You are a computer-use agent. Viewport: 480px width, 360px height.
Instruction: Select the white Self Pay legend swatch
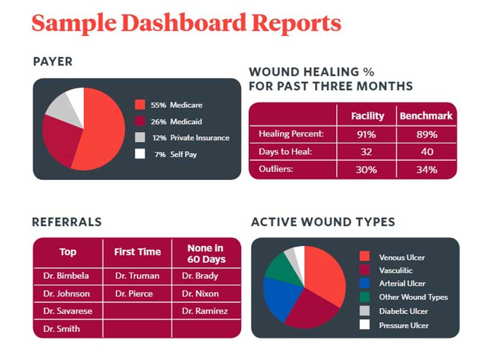140,154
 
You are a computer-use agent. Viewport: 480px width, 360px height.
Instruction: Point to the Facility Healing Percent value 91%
367,134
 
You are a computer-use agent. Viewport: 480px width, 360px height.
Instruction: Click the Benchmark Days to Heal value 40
427,152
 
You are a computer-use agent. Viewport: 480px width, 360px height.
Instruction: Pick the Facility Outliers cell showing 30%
367,169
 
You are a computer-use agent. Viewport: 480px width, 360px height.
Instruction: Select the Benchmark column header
426,116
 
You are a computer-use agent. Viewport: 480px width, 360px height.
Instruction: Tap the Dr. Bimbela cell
66,276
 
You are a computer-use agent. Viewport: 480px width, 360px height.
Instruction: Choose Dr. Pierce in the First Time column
134,293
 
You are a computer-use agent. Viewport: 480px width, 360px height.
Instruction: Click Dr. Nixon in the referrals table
200,293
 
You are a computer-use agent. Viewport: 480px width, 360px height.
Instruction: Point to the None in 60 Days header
206,253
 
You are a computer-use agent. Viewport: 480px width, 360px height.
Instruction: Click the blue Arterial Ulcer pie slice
280,295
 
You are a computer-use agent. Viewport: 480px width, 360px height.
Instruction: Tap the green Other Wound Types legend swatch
364,296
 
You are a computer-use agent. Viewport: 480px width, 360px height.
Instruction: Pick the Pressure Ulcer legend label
404,325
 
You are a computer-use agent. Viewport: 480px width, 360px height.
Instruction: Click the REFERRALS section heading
67,222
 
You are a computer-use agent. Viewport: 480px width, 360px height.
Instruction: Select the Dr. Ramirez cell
205,311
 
